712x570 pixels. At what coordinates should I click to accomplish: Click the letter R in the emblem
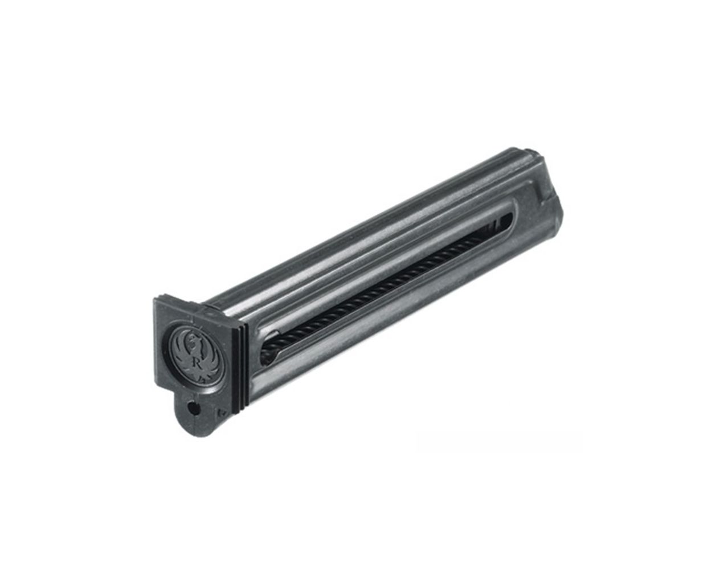coord(197,361)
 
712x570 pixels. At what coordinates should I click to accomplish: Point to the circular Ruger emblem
coord(194,356)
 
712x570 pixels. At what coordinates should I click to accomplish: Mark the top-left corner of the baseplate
coord(155,299)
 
